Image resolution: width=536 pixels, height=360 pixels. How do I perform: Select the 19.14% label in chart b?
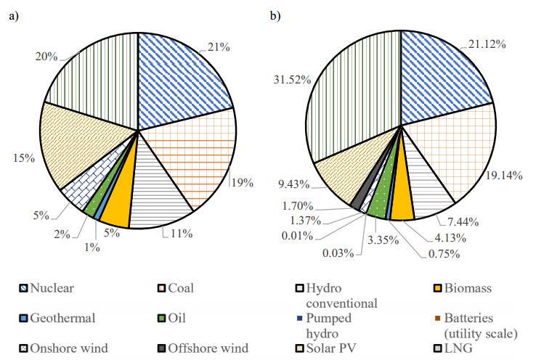tap(503, 174)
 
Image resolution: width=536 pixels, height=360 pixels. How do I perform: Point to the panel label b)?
tap(275, 16)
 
